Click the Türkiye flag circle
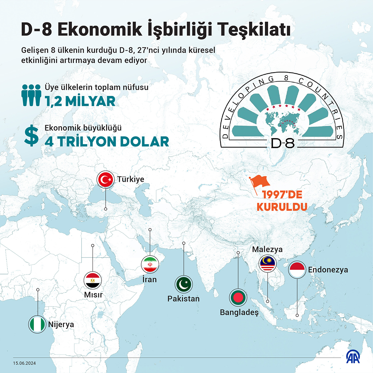(106, 180)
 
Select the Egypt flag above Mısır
(93, 281)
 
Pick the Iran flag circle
(150, 265)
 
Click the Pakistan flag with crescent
(184, 284)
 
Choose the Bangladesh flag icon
(238, 297)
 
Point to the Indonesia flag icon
(297, 269)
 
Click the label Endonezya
(328, 270)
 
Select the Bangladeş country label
(239, 313)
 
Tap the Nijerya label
(61, 324)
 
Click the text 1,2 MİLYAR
(80, 101)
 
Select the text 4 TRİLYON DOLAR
(107, 142)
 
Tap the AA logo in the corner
(353, 357)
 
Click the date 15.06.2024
(25, 363)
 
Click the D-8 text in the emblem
(282, 143)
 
